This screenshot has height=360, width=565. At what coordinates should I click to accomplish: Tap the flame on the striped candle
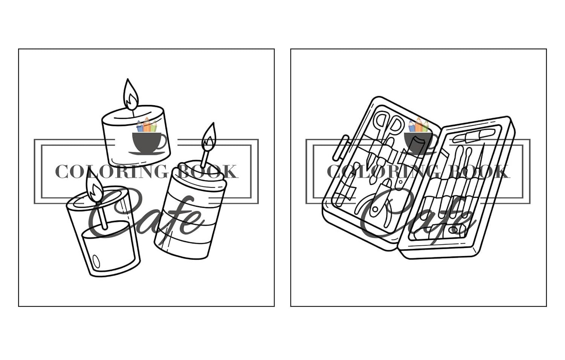[x=209, y=138]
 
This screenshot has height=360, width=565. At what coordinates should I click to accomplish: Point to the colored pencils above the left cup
[x=147, y=126]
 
